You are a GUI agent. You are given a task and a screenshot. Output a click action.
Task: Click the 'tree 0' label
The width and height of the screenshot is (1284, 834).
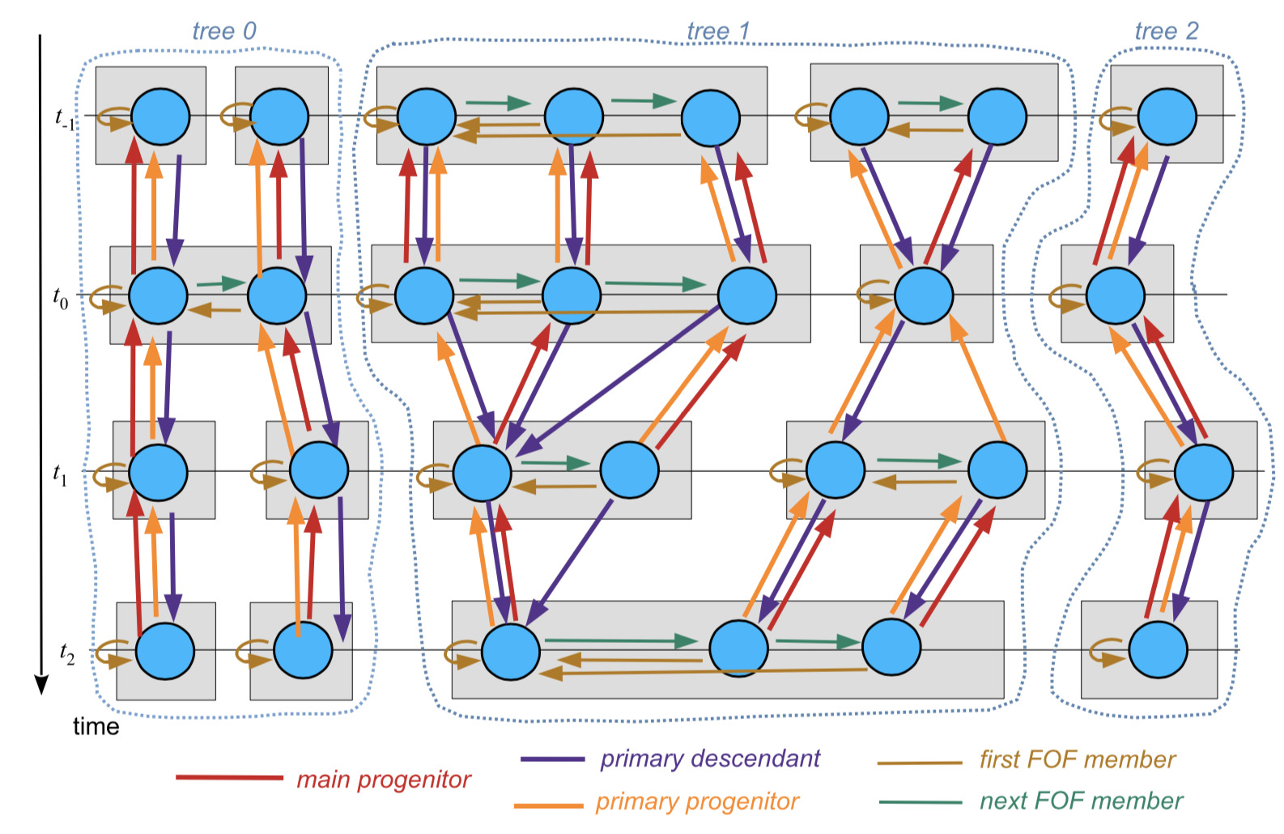point(223,31)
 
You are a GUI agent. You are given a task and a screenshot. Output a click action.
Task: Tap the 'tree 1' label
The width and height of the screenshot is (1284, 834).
point(718,32)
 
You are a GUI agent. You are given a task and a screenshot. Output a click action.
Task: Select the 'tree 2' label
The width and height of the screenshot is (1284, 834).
point(1166,31)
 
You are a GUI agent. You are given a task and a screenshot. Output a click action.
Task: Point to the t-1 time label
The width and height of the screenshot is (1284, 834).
point(65,118)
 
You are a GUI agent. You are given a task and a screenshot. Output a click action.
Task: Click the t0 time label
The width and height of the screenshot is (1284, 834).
point(61,298)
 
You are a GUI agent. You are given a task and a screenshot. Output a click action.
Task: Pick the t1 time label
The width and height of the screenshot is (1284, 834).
point(61,474)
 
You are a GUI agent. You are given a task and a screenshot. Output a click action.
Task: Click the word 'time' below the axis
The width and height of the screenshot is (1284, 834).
point(96,726)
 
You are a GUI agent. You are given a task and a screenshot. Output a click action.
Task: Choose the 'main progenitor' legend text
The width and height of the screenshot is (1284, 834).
point(383,779)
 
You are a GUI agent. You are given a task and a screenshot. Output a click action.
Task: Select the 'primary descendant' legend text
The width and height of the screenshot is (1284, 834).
point(709,758)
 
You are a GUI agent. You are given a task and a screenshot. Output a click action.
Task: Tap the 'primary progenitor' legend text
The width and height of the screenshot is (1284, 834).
point(696,801)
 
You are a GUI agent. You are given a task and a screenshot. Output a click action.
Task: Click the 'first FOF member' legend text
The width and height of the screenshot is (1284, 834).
point(1077,759)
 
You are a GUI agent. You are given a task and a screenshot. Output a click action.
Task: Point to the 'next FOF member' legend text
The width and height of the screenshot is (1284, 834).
point(1081,801)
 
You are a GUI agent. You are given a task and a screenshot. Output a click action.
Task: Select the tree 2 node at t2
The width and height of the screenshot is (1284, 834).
point(1158,649)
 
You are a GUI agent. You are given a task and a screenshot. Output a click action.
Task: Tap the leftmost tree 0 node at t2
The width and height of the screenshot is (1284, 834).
point(165,651)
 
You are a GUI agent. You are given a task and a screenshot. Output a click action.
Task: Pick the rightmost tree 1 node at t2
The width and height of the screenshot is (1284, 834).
point(891,647)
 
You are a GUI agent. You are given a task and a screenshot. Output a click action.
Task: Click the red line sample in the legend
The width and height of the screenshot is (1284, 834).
point(229,778)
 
